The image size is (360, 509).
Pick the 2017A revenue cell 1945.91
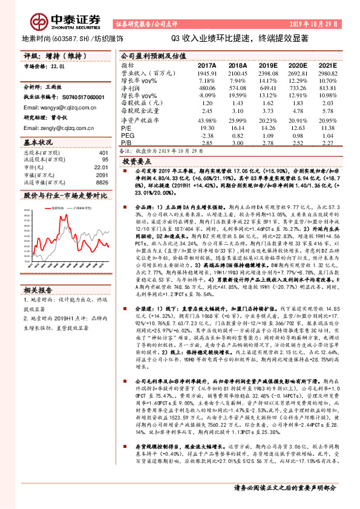[206, 72]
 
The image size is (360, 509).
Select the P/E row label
[126, 129]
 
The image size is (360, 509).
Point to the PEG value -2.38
[208, 136]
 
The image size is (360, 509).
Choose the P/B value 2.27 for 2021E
[327, 143]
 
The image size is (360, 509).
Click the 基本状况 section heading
[38, 142]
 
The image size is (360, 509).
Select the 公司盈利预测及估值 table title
[151, 54]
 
